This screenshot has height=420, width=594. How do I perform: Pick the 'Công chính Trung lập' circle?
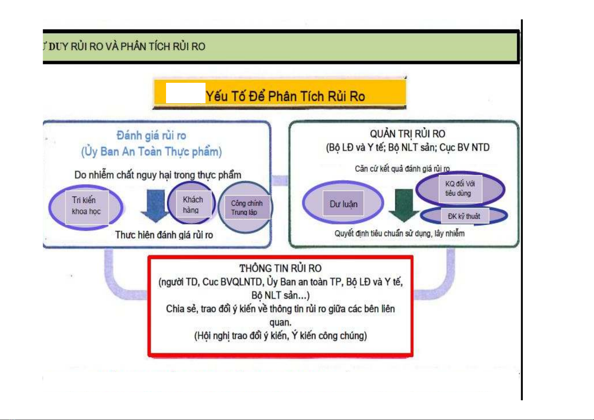click(246, 208)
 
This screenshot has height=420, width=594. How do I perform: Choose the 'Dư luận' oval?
click(343, 204)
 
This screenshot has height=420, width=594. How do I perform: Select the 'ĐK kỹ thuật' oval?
click(464, 216)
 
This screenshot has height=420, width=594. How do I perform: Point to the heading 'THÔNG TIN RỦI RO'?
click(280, 268)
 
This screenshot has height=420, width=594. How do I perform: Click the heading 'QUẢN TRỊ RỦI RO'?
click(407, 134)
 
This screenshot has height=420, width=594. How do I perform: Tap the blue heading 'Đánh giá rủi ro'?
click(151, 136)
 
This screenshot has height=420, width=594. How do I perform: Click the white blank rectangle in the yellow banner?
click(185, 93)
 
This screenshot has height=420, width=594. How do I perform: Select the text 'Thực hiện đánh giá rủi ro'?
click(164, 235)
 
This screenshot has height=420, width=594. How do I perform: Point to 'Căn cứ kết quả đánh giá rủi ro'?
click(402, 169)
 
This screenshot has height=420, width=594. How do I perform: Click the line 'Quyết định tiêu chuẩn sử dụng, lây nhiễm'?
click(399, 233)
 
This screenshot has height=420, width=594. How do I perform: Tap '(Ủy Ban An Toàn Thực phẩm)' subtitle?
click(151, 152)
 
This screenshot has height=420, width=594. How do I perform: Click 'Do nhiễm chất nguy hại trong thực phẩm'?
click(158, 175)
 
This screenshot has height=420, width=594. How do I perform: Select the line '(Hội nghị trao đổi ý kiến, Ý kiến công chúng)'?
click(280, 335)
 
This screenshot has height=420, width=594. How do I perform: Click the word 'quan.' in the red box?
click(280, 322)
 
